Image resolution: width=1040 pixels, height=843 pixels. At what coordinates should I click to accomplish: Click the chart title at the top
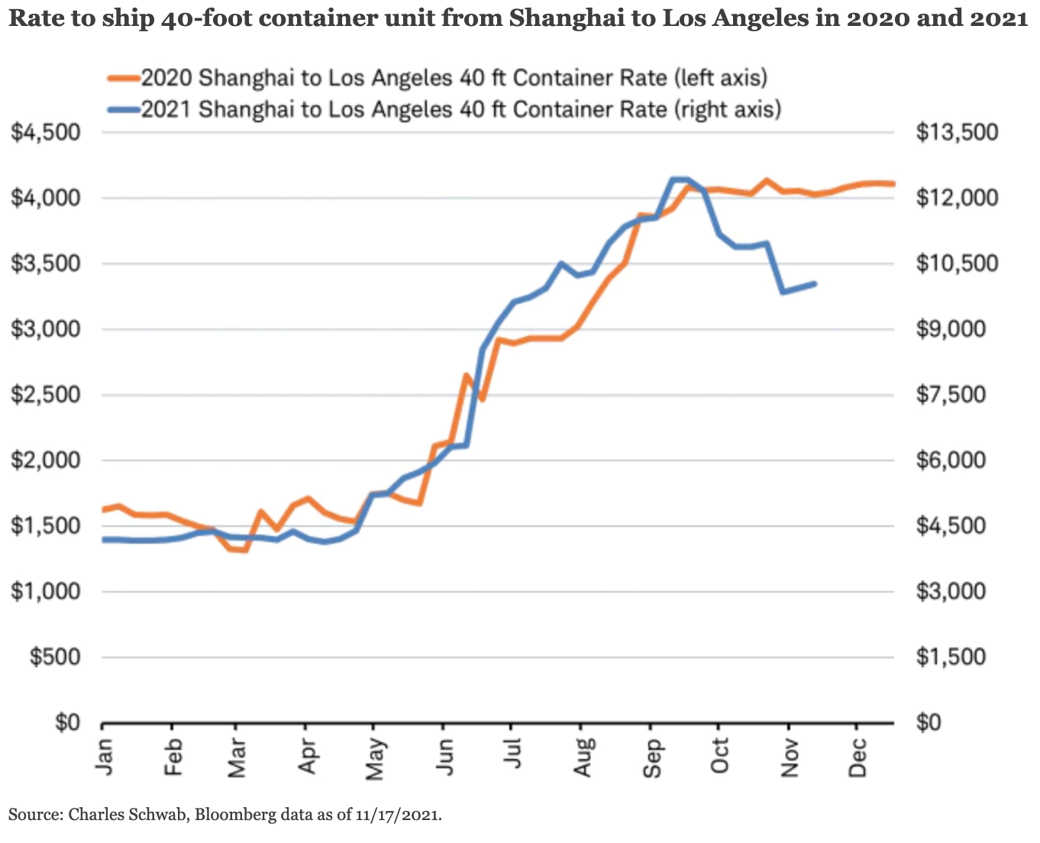pyautogui.click(x=518, y=18)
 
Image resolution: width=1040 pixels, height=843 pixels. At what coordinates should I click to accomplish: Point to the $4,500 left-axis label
pyautogui.click(x=46, y=132)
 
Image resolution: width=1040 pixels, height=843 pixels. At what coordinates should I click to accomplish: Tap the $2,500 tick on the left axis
pyautogui.click(x=46, y=395)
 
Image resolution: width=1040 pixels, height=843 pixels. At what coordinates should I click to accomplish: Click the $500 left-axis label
pyautogui.click(x=55, y=657)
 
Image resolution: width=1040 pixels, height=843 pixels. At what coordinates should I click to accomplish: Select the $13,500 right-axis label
pyautogui.click(x=957, y=132)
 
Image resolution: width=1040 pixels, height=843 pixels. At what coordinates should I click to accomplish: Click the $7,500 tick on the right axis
pyautogui.click(x=951, y=395)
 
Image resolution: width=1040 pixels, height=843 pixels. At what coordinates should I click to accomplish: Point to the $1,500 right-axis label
pyautogui.click(x=951, y=657)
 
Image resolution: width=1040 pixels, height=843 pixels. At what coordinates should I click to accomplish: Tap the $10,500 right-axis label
pyautogui.click(x=957, y=263)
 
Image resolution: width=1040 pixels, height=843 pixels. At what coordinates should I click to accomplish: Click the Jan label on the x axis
pyautogui.click(x=105, y=756)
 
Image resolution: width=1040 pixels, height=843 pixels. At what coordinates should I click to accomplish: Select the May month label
pyautogui.click(x=374, y=759)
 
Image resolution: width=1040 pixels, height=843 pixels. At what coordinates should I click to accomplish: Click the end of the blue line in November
pyautogui.click(x=816, y=283)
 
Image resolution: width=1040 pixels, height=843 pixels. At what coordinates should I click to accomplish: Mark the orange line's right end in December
pyautogui.click(x=893, y=183)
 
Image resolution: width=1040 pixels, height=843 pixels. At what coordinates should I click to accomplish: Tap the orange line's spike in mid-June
pyautogui.click(x=465, y=376)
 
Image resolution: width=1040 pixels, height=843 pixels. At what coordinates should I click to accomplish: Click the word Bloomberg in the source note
pyautogui.click(x=234, y=814)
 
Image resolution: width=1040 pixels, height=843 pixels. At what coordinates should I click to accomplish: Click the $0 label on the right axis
pyautogui.click(x=929, y=722)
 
